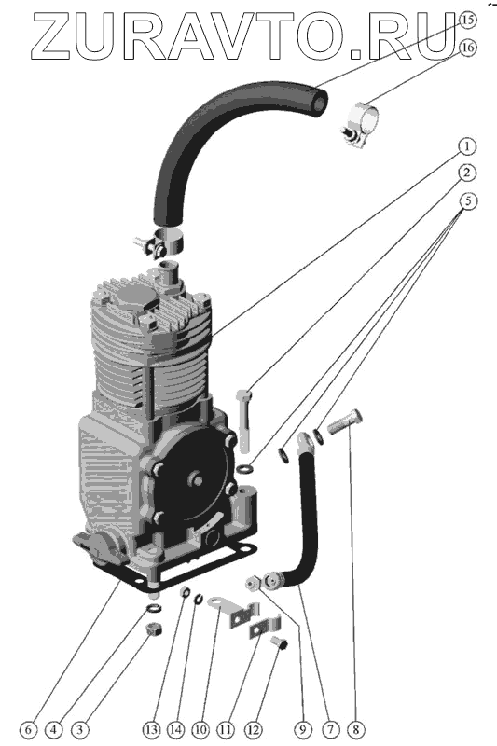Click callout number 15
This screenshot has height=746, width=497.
(467, 20)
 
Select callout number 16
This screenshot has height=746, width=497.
(467, 48)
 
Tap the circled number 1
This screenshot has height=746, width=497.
(467, 147)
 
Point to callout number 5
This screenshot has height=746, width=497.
(468, 201)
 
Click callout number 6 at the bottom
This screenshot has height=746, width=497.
(29, 729)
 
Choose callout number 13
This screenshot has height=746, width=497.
(151, 729)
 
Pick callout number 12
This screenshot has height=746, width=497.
(253, 729)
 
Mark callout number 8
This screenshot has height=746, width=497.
(356, 729)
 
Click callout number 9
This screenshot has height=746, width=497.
(303, 729)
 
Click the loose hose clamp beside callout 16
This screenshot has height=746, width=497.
(361, 125)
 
